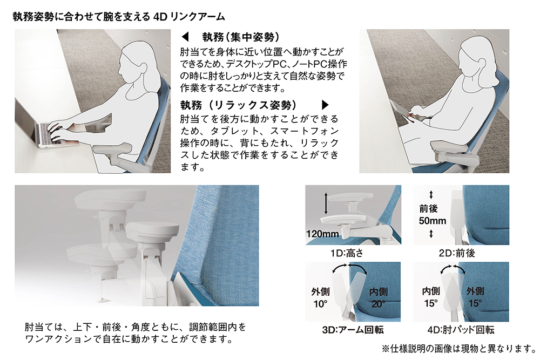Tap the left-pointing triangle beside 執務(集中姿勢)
[185, 38]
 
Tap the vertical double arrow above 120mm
[326, 205]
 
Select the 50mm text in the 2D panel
[433, 221]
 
